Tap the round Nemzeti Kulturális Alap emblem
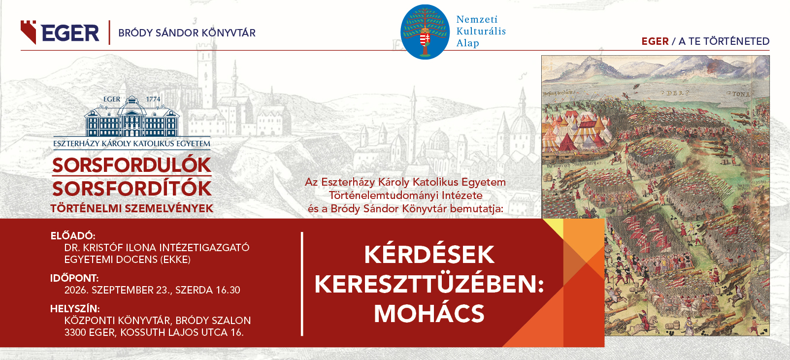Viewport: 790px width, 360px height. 425,32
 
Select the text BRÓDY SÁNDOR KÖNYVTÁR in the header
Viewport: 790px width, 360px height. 187,33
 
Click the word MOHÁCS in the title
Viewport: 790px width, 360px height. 429,313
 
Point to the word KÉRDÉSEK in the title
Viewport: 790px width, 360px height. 429,254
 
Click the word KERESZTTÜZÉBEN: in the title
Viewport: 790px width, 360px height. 429,284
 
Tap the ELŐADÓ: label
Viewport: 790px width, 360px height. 73,235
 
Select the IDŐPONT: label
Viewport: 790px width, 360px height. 74,278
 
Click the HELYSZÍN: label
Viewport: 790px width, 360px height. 75,308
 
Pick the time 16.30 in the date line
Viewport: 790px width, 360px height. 228,290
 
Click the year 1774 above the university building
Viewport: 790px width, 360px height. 153,99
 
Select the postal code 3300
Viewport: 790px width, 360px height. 75,332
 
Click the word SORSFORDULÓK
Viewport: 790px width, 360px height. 132,165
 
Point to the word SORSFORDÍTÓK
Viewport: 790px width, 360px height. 132,189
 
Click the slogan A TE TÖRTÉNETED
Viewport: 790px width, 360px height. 724,41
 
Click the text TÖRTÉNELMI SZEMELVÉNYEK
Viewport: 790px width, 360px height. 132,208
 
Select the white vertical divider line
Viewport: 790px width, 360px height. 302,284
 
